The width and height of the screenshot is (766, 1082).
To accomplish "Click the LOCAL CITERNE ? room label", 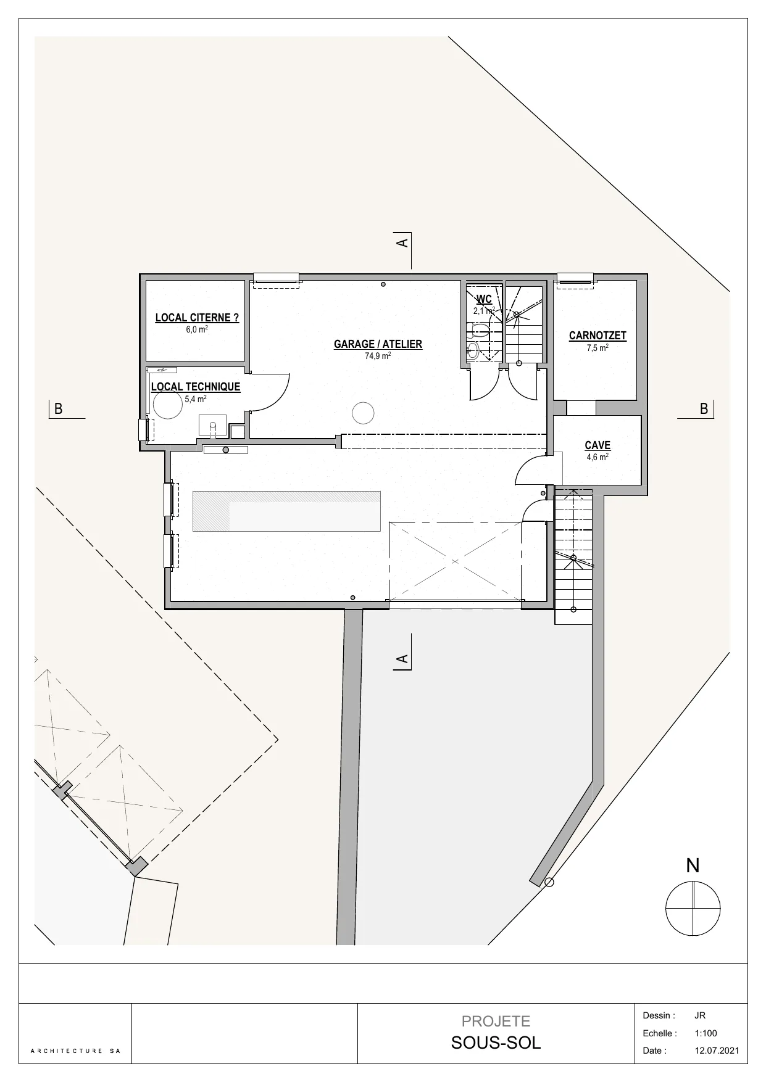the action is click(x=197, y=318).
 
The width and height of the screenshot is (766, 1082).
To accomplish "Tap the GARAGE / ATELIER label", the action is click(x=378, y=344).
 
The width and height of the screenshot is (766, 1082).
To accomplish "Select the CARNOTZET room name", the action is click(x=597, y=336).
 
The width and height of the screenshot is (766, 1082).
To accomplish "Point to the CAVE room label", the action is click(x=597, y=445).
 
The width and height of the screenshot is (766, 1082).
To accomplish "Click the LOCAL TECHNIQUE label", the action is click(x=196, y=387).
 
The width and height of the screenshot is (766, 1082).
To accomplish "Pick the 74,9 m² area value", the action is click(x=378, y=356).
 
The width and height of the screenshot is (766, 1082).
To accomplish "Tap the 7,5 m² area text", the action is click(x=597, y=348).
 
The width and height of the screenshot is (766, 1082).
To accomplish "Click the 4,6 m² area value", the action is click(x=597, y=457).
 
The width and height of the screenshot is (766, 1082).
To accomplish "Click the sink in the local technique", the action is click(x=213, y=425).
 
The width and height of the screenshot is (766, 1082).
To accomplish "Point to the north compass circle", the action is click(x=693, y=909).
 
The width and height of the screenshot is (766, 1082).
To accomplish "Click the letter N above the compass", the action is click(x=693, y=865).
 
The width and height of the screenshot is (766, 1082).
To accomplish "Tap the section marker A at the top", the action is click(x=402, y=242).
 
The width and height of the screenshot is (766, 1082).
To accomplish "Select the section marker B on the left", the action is click(x=59, y=409).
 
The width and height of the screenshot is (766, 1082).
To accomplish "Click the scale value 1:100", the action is click(x=706, y=1033).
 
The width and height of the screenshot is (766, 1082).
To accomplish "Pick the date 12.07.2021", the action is click(x=716, y=1051).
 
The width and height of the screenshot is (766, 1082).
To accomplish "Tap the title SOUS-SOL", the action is click(x=496, y=1043).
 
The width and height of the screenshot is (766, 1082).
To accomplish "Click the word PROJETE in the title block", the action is click(x=496, y=1022).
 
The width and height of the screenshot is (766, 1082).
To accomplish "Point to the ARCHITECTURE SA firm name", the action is click(x=76, y=1051).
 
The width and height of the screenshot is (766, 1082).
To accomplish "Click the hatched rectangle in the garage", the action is click(x=286, y=511).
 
